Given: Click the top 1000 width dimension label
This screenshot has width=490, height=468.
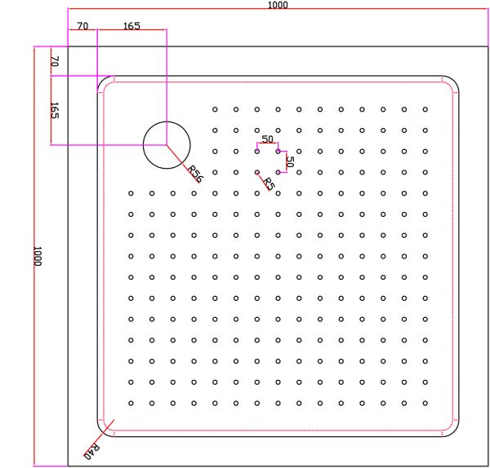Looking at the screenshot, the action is pos(278,5).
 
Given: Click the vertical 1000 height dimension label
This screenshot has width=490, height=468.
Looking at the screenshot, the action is pos(38,256).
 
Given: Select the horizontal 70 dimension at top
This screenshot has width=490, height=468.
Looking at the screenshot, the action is pos(82,26).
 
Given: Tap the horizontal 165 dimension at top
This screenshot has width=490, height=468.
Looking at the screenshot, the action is pos(131,26).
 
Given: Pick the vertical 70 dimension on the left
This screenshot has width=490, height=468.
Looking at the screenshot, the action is pos(55,61).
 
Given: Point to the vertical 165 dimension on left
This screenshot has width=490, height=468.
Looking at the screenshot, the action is pos(55,110).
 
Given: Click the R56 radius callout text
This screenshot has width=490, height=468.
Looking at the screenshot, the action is pos(195,174).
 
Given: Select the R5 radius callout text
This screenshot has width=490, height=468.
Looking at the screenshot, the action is pos(269,183).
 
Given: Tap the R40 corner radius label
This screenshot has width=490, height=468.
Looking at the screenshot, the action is pos(92,452).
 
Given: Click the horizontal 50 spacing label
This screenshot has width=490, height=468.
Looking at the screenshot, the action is pos(267,139).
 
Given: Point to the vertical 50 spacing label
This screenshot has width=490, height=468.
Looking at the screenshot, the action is pos(290,161).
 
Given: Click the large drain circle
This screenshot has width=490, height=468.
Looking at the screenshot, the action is pos(167,121).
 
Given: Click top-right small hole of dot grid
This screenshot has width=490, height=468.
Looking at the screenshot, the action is pos(425,109).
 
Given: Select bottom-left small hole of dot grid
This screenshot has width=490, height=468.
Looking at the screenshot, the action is pos(131,403).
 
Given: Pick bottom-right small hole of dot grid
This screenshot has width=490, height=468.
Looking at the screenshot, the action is pos(425,403).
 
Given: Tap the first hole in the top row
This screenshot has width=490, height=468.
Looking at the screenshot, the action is pos(215,109).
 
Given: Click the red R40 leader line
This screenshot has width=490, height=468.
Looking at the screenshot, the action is pos(99,439).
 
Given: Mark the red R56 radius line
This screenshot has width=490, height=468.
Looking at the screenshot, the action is pos(183,164).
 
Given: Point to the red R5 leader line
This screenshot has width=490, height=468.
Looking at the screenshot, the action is pos(264,182).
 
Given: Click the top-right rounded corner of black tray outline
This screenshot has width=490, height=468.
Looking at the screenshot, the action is pos(454,80).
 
